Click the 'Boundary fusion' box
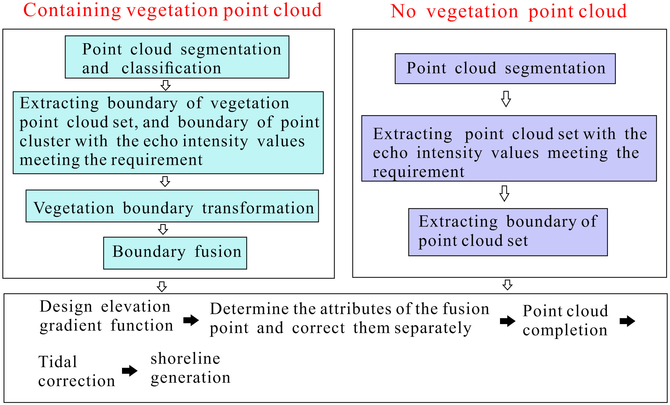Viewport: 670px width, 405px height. pos(175,253)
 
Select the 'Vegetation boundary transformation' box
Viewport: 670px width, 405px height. pos(172,206)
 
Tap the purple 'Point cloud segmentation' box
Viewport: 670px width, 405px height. pos(505,69)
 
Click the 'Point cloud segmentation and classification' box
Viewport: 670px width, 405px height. pos(177,57)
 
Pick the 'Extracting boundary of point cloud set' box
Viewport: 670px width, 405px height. pos(508,232)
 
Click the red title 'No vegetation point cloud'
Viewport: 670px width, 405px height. pos(509,11)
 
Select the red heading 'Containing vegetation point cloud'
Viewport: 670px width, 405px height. pos(172,10)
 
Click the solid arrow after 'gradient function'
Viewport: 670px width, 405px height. pos(191,320)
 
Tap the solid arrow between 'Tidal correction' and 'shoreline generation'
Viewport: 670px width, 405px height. pos(130,370)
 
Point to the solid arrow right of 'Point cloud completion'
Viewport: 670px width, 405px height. pos(627,321)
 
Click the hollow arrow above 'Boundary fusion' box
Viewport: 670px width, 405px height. pos(163,229)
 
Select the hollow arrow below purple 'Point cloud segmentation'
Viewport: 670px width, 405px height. pos(506,99)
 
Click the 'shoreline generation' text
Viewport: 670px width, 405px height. pos(190,368)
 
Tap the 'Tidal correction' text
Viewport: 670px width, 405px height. pos(76,371)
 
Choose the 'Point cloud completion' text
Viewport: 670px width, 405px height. pos(565,320)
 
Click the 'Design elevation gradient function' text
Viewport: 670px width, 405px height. pos(106,316)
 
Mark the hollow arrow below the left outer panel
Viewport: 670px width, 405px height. pos(162,286)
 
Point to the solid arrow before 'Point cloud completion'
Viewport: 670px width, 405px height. pos(507,321)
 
